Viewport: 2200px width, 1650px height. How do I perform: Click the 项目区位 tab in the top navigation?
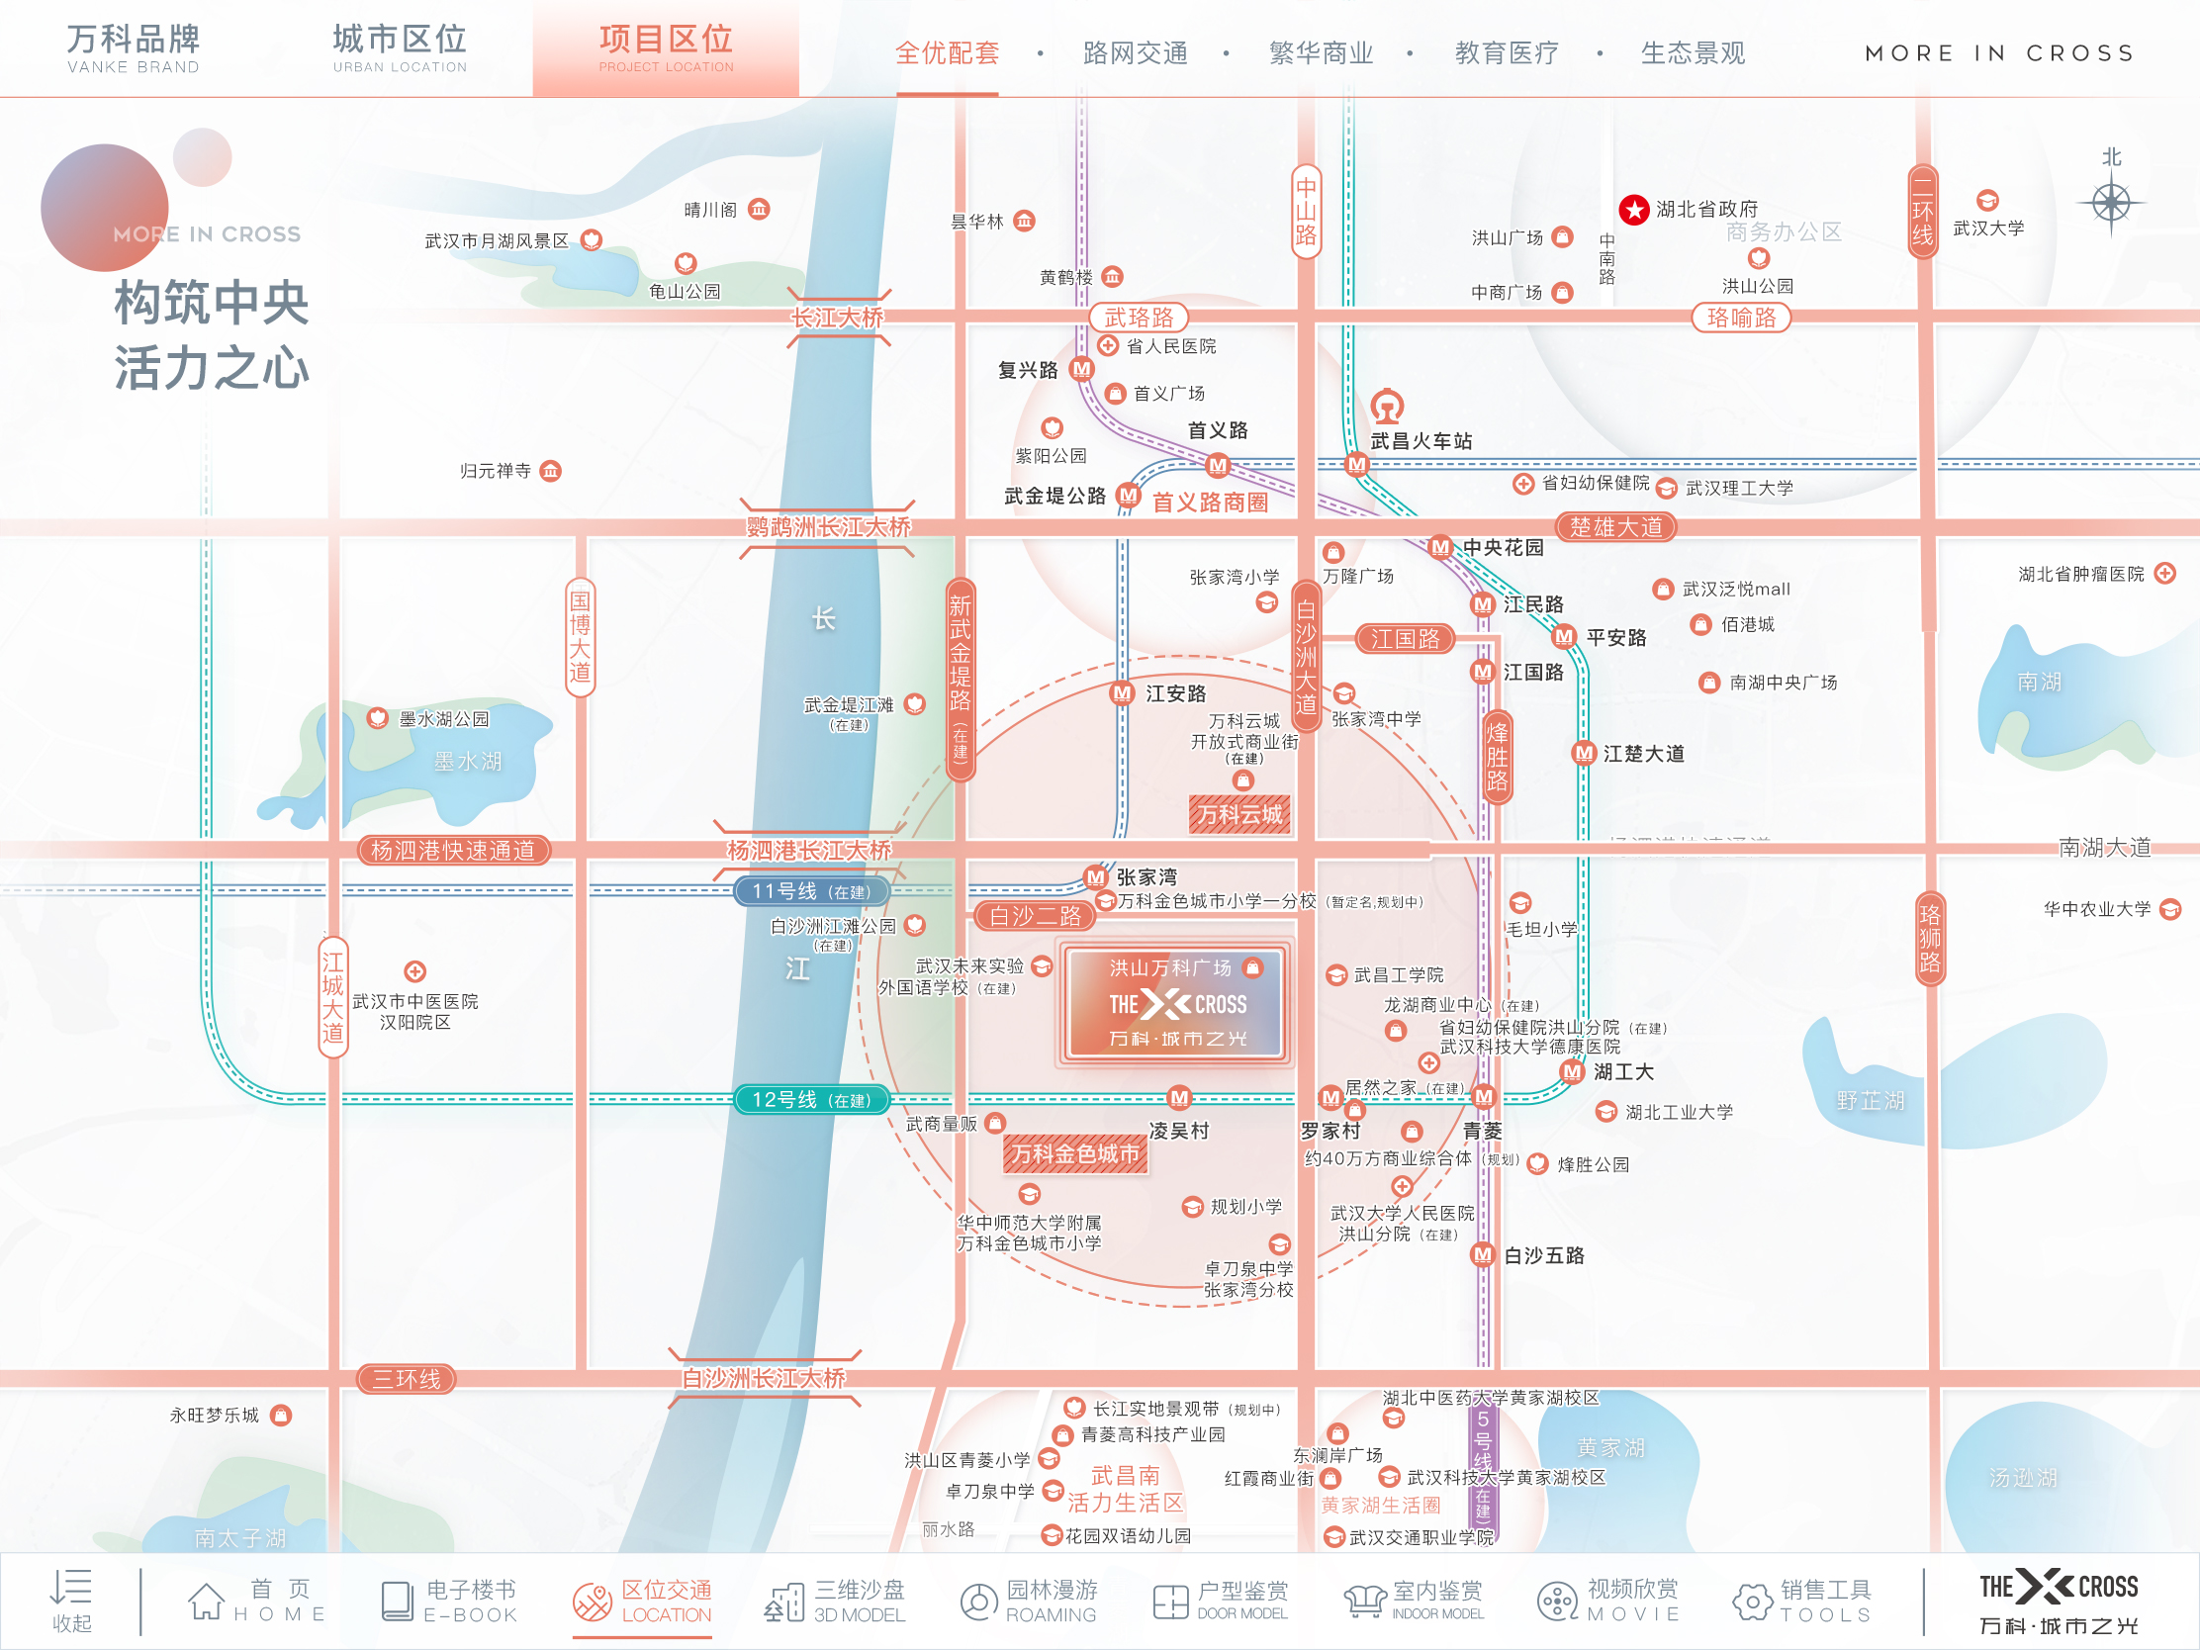(x=666, y=47)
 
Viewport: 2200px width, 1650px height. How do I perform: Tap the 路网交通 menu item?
(x=1135, y=52)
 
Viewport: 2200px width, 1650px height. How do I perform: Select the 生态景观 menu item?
(x=1692, y=52)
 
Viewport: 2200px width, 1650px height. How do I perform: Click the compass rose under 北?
(x=2111, y=204)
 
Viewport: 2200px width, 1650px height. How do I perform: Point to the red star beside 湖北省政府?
(x=1633, y=210)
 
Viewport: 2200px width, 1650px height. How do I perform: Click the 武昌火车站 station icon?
(x=1387, y=406)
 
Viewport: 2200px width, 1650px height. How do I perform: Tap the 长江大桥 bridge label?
(x=838, y=319)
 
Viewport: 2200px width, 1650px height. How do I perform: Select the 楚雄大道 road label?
(x=1615, y=527)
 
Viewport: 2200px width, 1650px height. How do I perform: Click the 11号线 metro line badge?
(x=809, y=891)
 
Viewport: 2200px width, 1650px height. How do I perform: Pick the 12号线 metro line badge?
(x=809, y=1100)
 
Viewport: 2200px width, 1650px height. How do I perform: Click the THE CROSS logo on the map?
(x=1176, y=1004)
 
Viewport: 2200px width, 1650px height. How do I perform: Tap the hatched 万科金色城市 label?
(x=1075, y=1153)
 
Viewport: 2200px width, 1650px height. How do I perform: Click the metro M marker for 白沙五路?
(x=1482, y=1255)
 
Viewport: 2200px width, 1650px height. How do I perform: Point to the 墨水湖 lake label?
(x=468, y=762)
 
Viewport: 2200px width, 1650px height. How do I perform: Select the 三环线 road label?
(x=407, y=1380)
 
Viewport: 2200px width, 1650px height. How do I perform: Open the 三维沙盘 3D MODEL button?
(x=836, y=1601)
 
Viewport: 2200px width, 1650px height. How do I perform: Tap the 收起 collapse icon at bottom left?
(x=71, y=1601)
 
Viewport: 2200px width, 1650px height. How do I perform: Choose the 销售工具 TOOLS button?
(x=1802, y=1601)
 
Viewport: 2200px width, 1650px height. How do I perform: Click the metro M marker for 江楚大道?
(x=1584, y=754)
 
